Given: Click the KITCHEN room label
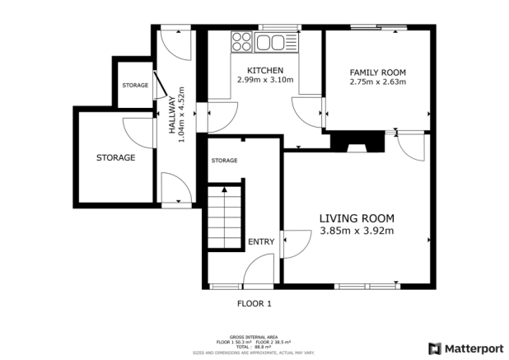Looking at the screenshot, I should pos(264,70).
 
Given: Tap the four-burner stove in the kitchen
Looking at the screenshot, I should pos(243,42).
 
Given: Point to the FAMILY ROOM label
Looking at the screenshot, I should pos(377,72).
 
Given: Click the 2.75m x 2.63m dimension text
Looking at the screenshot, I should pos(377,82).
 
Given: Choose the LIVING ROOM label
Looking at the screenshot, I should pos(357,218).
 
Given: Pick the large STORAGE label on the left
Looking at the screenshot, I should pos(115,157).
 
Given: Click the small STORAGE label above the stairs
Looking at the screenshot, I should pos(224,160).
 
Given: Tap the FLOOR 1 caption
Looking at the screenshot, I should pos(254,304).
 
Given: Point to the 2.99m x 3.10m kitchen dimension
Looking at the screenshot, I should pos(264,80).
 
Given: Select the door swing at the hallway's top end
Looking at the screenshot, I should pos(175,40).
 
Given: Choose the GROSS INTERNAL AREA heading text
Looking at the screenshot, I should pos(254,338).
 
